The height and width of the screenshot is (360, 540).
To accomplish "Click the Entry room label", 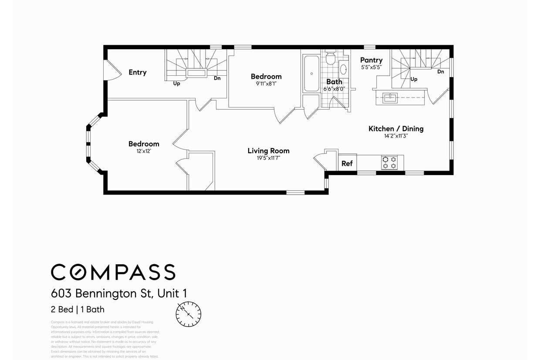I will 137,72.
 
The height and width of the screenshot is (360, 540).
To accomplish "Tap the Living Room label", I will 268,151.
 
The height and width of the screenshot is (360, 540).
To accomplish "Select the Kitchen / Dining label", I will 396,128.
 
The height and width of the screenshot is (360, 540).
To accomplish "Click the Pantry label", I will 371,60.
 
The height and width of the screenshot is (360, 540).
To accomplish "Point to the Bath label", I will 334,81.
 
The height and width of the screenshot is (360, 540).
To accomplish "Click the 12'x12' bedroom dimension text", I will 144,152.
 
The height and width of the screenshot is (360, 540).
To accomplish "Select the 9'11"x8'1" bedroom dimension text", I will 266,84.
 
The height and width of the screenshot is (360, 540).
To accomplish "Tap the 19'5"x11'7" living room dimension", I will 268,158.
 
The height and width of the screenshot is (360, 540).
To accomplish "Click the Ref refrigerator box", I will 347,163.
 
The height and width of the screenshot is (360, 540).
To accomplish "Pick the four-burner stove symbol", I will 389,162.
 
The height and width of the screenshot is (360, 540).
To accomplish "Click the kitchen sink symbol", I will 390,98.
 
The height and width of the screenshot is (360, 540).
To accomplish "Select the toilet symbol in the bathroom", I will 331,58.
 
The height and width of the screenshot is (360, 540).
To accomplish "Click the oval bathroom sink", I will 343,70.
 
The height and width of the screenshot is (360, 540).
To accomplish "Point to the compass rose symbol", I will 189,314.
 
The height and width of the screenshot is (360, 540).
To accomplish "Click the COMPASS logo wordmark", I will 113,272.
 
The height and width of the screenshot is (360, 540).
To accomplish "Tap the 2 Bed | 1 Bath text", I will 78,310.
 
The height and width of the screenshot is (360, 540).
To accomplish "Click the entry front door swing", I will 112,71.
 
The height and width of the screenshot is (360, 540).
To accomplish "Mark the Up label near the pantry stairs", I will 414,79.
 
